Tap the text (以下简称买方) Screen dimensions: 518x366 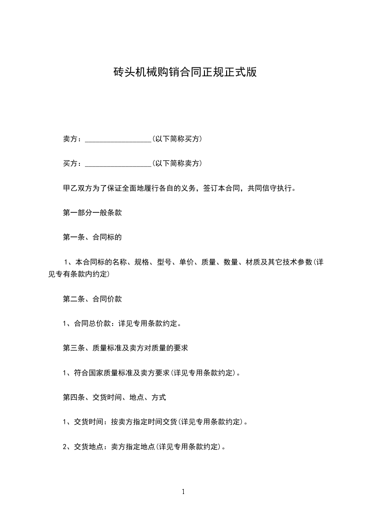click(x=177, y=139)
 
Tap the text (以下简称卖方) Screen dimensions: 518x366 click(x=177, y=163)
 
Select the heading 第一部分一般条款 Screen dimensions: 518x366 click(x=92, y=213)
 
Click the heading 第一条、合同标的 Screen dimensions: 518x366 click(x=92, y=237)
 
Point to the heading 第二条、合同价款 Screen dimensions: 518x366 click(x=92, y=299)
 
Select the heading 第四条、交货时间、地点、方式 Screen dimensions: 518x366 click(x=114, y=397)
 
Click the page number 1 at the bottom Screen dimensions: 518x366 click(x=183, y=492)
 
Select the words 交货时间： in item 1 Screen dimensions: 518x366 click(x=92, y=422)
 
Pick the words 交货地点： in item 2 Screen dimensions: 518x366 click(x=92, y=446)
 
